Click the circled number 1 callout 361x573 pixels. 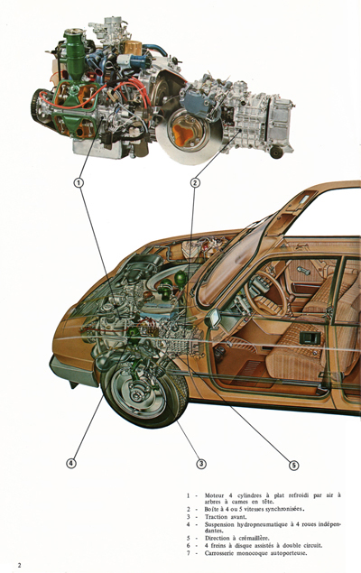point(79,182)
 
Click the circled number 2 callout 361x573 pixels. point(195,182)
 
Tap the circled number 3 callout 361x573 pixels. point(201,464)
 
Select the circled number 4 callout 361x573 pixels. point(70,464)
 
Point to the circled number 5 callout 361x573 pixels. point(293,466)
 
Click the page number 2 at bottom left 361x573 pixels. point(7,564)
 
